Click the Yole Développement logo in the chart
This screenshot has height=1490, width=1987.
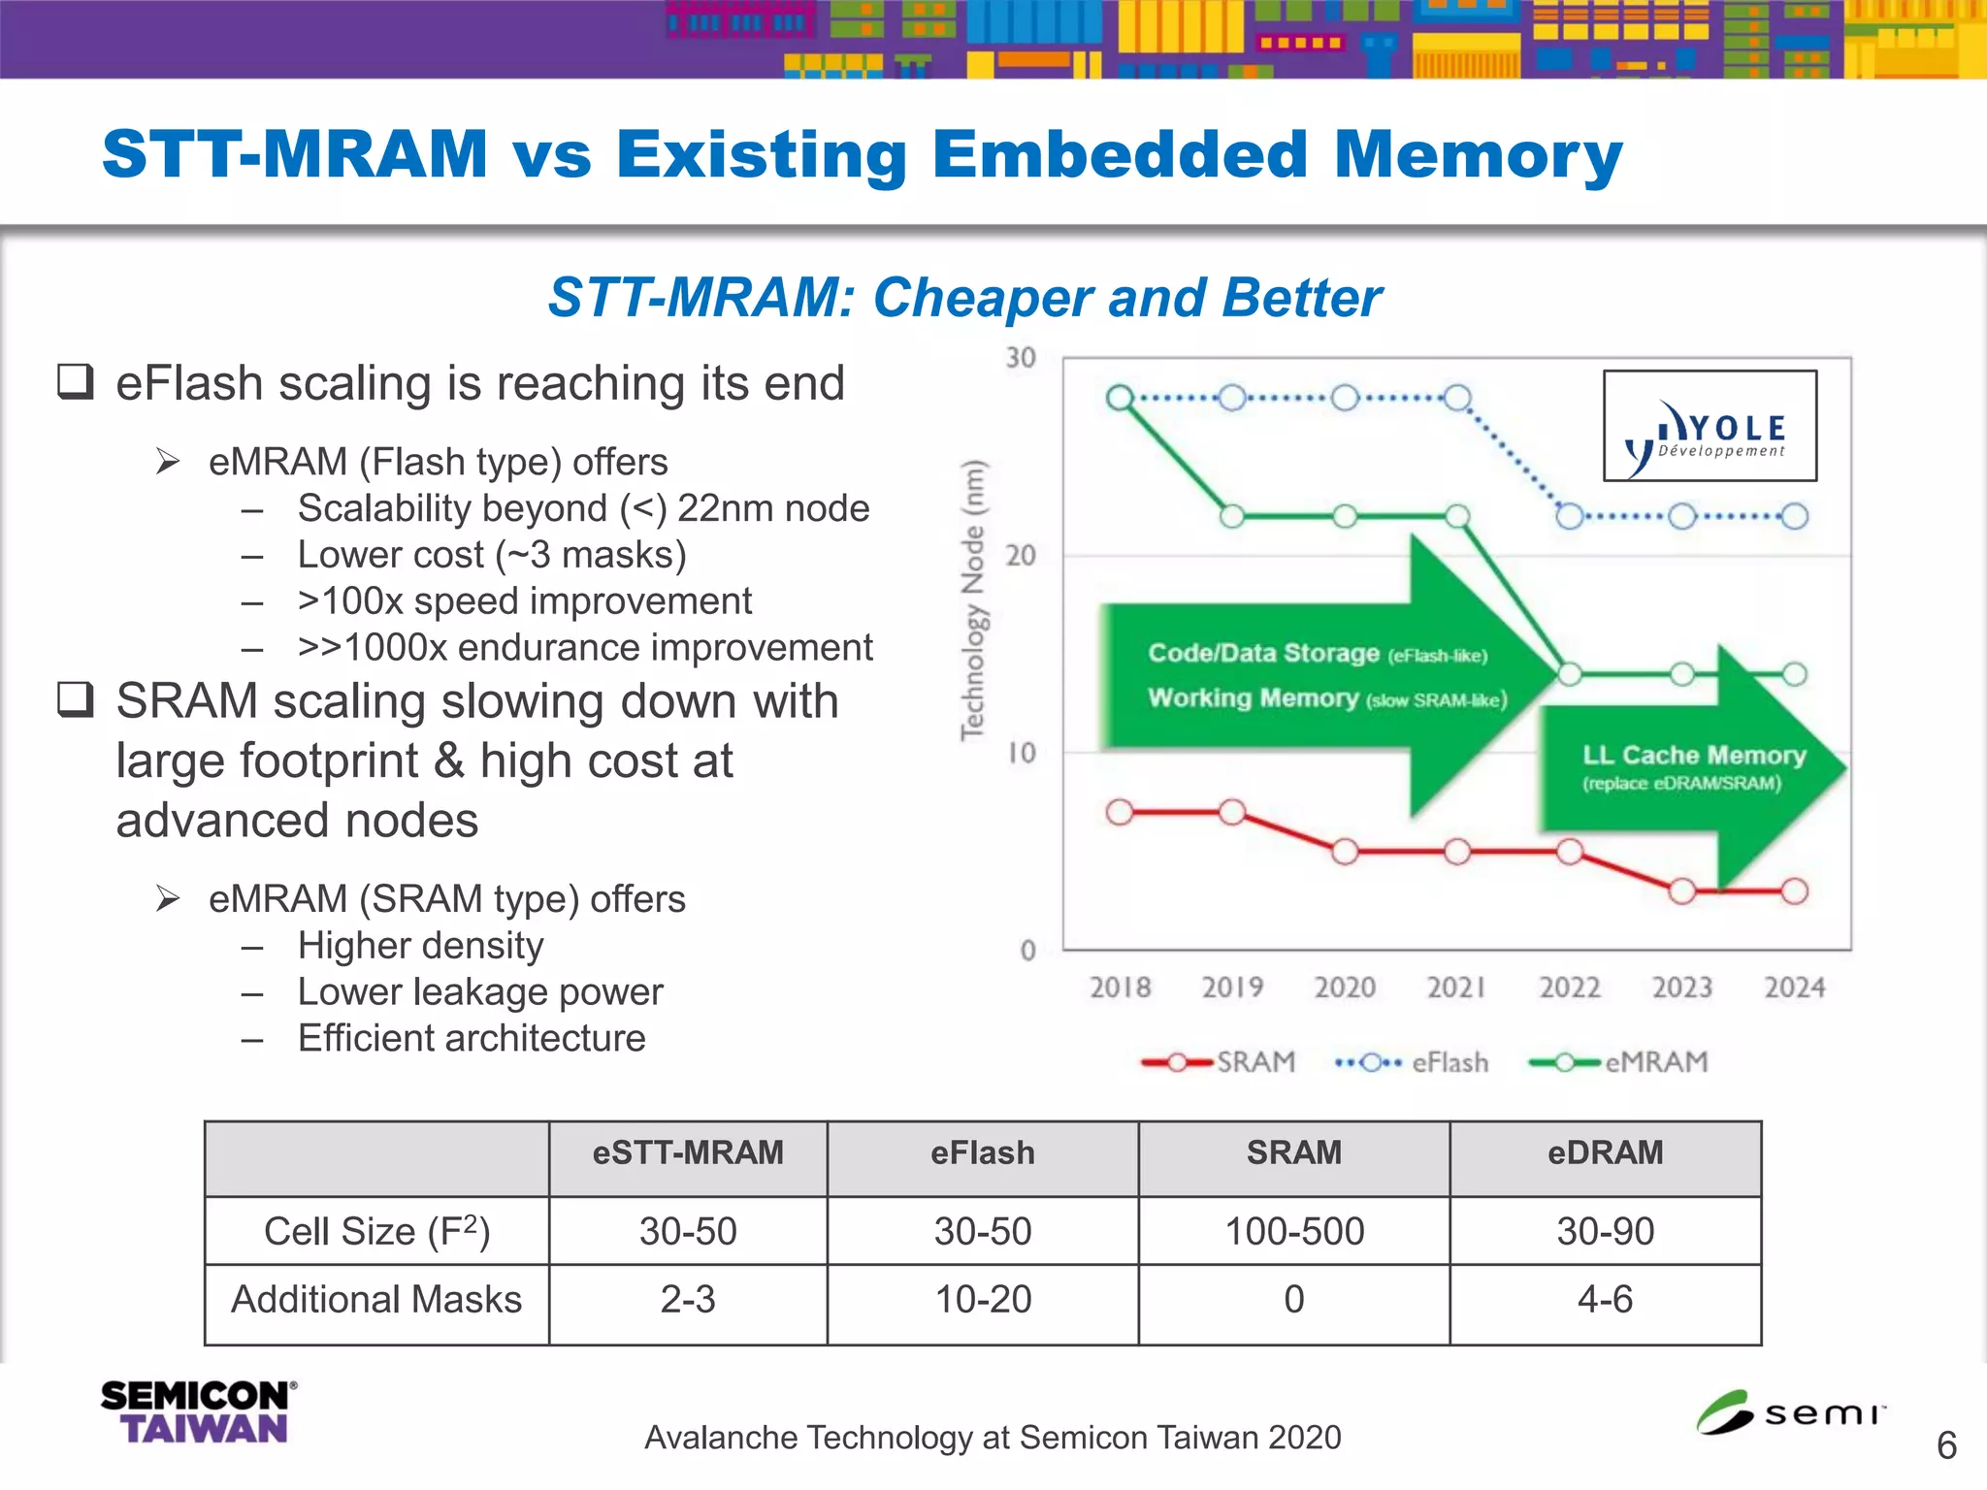1710,426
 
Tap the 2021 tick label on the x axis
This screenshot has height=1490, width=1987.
1456,988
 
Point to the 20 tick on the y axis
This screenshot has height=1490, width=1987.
1021,556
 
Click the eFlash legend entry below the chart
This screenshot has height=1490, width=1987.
1413,1062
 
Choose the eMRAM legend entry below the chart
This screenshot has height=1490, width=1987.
1619,1062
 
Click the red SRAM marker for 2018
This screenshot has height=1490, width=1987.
1120,812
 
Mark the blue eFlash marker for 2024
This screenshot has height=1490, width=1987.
1795,516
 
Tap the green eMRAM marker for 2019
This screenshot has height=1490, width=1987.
1232,516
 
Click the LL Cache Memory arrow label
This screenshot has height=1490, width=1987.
1694,756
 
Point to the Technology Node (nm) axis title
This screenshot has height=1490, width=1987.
973,599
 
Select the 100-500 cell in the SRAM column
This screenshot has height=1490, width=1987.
1294,1231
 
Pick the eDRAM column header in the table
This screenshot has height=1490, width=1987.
1605,1152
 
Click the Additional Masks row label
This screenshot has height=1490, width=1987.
376,1300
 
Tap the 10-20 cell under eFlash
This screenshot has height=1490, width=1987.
983,1300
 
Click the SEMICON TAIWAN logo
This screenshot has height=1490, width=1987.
198,1412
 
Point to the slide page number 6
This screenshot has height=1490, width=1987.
1946,1445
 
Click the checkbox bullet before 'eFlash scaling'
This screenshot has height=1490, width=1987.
76,382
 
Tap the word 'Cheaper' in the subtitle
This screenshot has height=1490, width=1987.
983,298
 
